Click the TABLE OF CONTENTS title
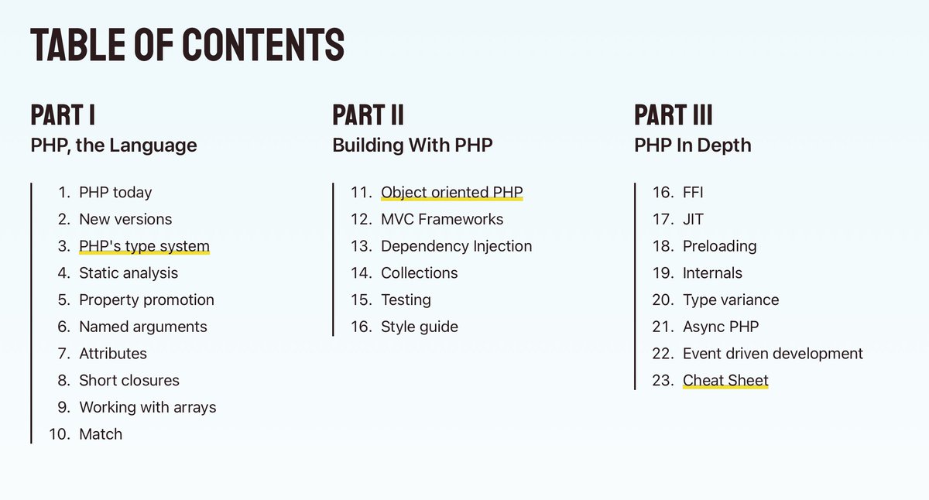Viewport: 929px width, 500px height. [187, 44]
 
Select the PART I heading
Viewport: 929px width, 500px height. [63, 115]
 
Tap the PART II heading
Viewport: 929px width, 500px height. [368, 115]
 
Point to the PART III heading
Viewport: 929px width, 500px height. [673, 115]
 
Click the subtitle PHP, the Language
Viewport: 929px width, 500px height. [114, 145]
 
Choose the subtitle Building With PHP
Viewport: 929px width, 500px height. [412, 145]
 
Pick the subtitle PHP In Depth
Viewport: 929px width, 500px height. [692, 145]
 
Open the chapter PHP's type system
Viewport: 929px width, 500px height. [144, 246]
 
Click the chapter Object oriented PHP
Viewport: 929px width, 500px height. [452, 193]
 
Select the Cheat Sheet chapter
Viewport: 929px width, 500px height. [725, 380]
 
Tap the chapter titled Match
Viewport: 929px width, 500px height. [101, 434]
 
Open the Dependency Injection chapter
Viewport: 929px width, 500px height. [456, 246]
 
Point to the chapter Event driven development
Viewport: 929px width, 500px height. [773, 354]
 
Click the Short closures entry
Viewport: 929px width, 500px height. [129, 380]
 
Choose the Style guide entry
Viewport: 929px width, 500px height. [420, 327]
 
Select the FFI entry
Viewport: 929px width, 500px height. [693, 193]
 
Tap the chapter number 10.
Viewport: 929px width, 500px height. [60, 434]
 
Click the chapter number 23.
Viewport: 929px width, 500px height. [663, 380]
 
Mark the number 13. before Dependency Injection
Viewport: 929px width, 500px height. [362, 246]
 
